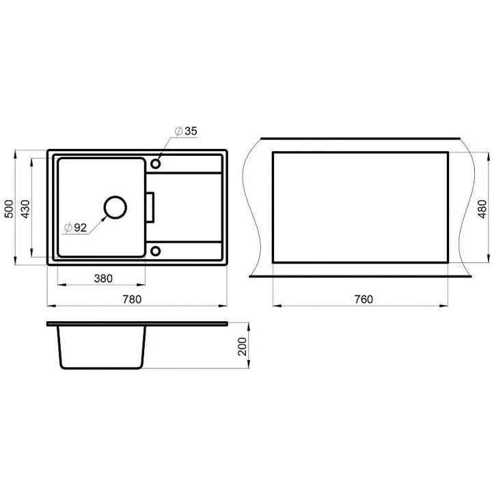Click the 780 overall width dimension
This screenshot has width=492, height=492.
pos(132,299)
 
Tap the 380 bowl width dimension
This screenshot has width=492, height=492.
pos(103,278)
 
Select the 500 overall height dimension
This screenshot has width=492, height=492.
pos(9,208)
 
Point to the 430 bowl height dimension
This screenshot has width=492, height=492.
pos(25,208)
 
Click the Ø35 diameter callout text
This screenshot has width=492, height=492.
pos(186,131)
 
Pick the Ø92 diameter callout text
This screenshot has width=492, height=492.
pos(75,228)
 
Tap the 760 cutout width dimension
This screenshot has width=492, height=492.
pos(364,299)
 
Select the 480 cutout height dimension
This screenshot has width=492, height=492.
pos(482,208)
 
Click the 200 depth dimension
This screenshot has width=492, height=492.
pos(242,346)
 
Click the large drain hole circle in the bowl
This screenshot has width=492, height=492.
pos(115,196)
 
